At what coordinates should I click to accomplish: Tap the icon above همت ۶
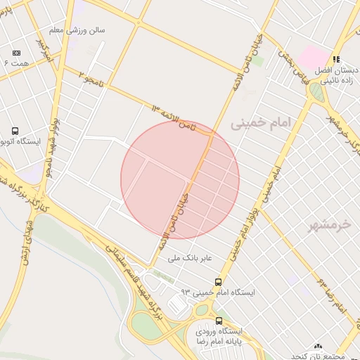tap(16, 53)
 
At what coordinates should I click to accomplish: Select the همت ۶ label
tap(15, 64)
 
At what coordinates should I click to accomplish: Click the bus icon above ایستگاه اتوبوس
tap(15, 131)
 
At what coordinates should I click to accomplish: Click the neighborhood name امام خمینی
tap(259, 124)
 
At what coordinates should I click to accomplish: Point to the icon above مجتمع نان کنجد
tap(318, 347)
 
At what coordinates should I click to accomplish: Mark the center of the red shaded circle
tap(180, 180)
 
